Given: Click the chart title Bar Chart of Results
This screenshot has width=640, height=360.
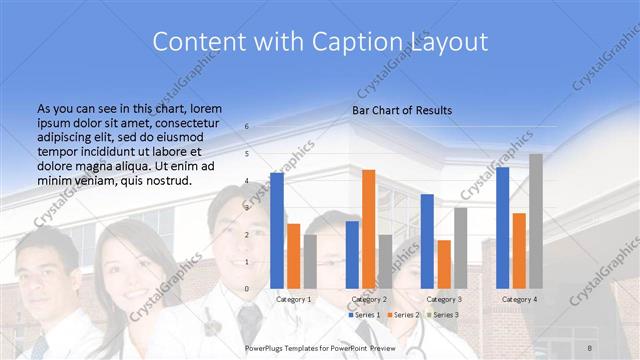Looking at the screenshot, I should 401,110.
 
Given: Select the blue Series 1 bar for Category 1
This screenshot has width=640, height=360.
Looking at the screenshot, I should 277,230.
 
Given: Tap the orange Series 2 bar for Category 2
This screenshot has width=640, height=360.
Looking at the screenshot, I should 368,228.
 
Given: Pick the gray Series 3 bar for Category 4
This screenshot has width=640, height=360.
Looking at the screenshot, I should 536,220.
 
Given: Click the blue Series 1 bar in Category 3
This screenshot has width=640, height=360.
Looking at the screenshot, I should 427,240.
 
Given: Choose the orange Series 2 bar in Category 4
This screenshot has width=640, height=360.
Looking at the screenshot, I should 519,250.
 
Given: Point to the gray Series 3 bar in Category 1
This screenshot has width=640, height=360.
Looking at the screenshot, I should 310,261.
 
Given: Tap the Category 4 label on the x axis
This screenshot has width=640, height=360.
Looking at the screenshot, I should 519,299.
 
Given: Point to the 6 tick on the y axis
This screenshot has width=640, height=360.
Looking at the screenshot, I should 247,127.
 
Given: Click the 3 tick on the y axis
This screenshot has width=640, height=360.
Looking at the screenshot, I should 247,208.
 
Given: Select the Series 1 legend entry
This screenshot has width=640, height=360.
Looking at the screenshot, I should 365,315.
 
